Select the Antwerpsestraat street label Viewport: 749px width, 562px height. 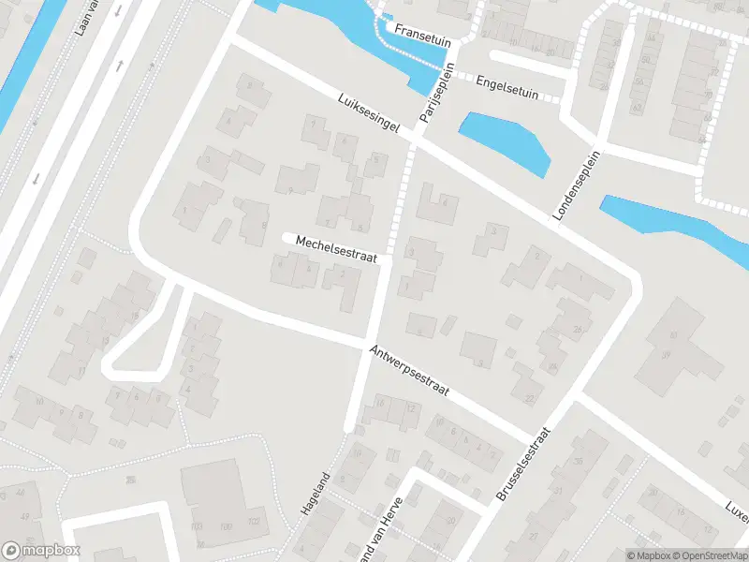tap(410, 370)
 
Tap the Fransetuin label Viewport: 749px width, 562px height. tap(424, 30)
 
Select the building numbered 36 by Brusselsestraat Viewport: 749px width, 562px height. tap(578, 462)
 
